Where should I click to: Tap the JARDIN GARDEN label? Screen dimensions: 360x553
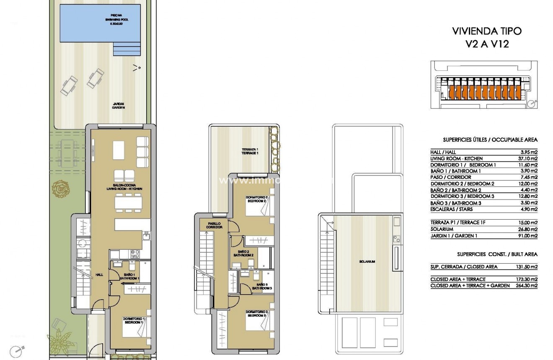tap(119, 106)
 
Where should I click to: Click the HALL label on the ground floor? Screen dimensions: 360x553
tap(99, 275)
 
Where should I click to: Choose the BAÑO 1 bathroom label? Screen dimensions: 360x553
tap(129, 276)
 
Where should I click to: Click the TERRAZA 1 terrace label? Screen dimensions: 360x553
tap(250, 151)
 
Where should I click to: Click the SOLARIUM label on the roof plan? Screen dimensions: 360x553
tap(367, 262)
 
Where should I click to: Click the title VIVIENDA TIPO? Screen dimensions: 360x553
tap(487, 31)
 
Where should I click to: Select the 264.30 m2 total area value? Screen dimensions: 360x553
tap(526, 285)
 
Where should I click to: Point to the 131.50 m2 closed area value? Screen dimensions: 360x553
tap(526, 267)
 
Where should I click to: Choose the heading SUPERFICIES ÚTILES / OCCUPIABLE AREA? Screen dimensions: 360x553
tap(490, 140)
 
